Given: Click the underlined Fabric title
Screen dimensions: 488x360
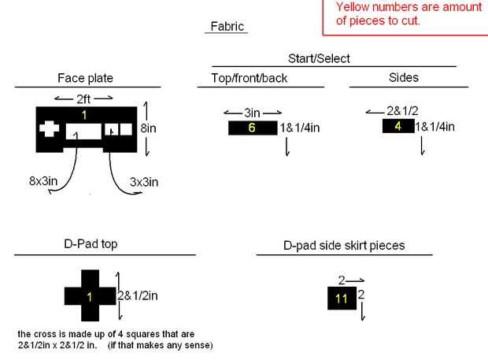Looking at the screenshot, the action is click(x=227, y=27).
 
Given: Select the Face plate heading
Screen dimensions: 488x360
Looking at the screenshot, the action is click(x=85, y=78).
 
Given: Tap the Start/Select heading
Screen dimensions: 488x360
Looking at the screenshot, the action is click(x=319, y=58).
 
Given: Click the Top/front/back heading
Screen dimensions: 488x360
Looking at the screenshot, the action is click(x=250, y=78).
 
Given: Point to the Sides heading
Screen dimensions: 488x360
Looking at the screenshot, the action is click(x=403, y=77).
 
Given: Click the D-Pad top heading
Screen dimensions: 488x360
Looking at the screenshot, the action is click(x=91, y=244).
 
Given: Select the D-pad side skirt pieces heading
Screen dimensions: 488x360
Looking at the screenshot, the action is click(x=344, y=246).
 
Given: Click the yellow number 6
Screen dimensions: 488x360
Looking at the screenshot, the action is click(x=252, y=128).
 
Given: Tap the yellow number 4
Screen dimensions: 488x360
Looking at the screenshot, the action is click(x=397, y=126).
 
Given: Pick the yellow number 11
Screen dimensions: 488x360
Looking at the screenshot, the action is click(x=342, y=299).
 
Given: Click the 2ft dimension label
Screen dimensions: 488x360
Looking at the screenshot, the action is click(x=83, y=99).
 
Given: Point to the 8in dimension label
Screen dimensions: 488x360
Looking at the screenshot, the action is click(x=148, y=128).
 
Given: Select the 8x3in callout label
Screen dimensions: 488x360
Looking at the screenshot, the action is click(x=43, y=181).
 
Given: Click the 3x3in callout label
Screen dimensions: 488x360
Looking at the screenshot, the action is click(x=144, y=182).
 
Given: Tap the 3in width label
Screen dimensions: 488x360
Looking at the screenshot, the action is click(x=252, y=113).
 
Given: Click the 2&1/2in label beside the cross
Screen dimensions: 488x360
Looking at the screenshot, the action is click(x=138, y=295).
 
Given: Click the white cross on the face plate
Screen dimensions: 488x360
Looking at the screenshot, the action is click(x=49, y=128).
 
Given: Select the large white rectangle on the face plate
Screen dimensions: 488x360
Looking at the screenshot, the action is click(x=83, y=132).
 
